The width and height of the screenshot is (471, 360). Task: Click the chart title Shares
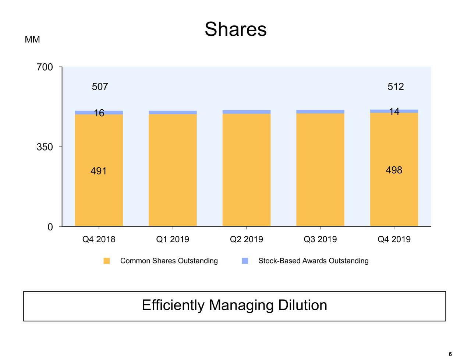click(235, 29)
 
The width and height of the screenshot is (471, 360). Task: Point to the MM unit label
click(32, 40)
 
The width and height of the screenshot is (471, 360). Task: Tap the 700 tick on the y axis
click(45, 67)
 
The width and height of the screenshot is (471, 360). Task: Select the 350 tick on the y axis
click(45, 147)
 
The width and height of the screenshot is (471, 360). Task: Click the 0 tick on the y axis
click(50, 227)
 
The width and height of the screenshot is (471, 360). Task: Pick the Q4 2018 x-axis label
click(99, 240)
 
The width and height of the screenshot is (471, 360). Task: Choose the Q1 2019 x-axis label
click(173, 240)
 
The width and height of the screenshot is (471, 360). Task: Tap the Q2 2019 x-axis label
click(246, 240)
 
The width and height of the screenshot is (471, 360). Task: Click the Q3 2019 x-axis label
click(320, 240)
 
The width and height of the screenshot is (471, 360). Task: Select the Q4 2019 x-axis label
click(394, 240)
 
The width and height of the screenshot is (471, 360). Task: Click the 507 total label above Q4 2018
click(100, 87)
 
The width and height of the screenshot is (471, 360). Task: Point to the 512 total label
click(396, 87)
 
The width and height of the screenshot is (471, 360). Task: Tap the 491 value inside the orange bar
click(99, 171)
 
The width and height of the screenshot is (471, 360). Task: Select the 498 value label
click(394, 170)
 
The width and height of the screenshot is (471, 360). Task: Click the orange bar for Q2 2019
click(247, 169)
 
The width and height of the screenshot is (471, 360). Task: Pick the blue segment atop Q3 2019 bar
click(320, 112)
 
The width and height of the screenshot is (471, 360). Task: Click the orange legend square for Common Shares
click(107, 261)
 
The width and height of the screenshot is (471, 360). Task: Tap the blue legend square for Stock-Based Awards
click(245, 261)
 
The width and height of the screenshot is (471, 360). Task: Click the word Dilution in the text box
click(302, 306)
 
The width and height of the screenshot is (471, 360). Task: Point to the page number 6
click(450, 354)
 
